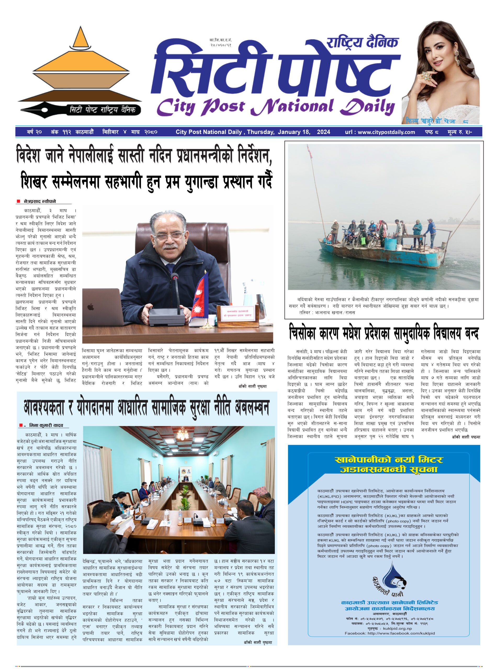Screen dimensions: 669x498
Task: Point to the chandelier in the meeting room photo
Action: click(183, 434)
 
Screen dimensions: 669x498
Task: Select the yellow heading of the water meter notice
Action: click(389, 464)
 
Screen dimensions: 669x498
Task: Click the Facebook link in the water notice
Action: click(389, 633)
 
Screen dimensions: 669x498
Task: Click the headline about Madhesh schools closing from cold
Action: click(383, 333)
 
